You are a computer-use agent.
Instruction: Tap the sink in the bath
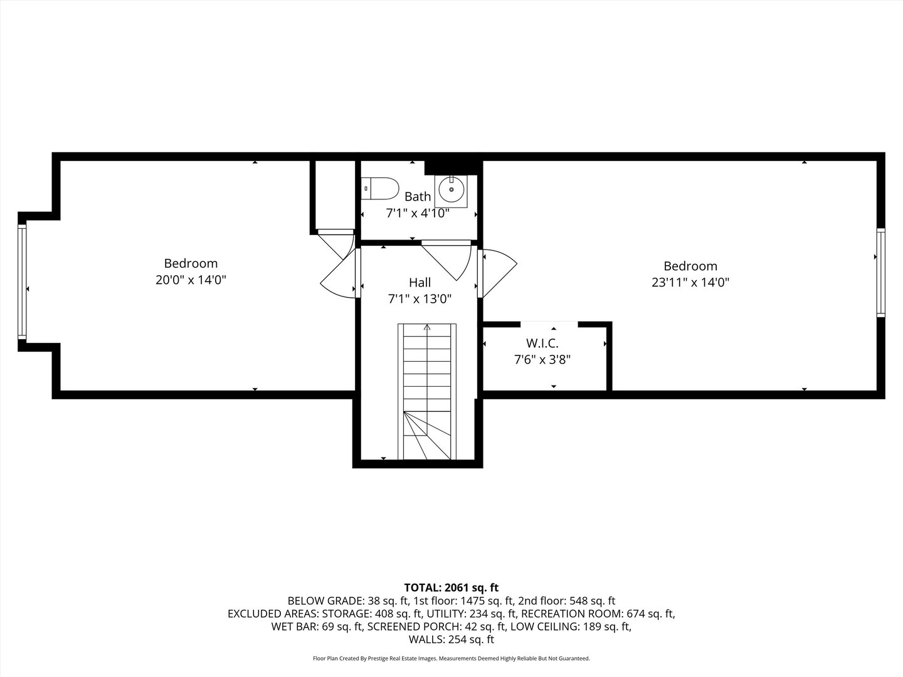coord(451,189)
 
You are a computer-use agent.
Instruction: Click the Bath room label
coord(417,197)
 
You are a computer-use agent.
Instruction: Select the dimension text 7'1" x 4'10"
coord(417,213)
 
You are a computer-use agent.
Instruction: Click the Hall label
coord(420,283)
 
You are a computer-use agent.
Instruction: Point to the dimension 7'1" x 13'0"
coord(420,299)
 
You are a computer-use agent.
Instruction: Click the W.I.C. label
coord(542,344)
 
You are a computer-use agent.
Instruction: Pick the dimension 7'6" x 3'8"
coord(542,360)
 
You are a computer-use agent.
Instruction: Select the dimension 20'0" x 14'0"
coord(191,280)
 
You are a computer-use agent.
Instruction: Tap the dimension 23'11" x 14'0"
coord(690,283)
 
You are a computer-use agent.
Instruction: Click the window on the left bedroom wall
coord(23,281)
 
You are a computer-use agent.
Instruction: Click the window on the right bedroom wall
coord(880,273)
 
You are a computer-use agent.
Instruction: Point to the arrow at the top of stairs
coord(427,327)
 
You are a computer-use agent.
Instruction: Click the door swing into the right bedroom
coord(499,271)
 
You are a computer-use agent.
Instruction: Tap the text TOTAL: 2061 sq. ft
coord(451,587)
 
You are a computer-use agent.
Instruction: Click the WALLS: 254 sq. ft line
coord(451,639)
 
